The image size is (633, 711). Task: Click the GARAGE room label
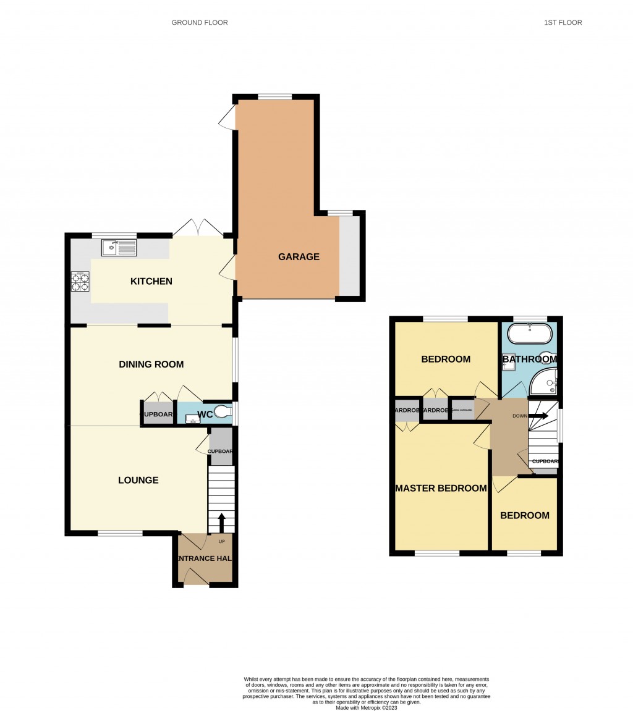pyautogui.click(x=299, y=257)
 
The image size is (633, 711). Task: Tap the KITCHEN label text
pyautogui.click(x=151, y=281)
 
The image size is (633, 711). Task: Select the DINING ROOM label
pyautogui.click(x=151, y=364)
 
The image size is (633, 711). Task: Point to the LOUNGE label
pyautogui.click(x=138, y=480)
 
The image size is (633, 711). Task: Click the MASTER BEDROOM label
pyautogui.click(x=441, y=488)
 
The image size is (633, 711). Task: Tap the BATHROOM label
pyautogui.click(x=530, y=359)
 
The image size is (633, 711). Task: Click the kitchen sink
pyautogui.click(x=119, y=248)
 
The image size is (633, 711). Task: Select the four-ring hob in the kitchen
pyautogui.click(x=80, y=282)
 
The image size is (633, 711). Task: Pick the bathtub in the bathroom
pyautogui.click(x=529, y=334)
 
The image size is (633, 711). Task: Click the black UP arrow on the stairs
pyautogui.click(x=222, y=523)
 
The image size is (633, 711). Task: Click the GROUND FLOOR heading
pyautogui.click(x=200, y=23)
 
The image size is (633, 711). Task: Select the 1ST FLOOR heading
pyautogui.click(x=563, y=23)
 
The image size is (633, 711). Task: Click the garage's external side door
pyautogui.click(x=227, y=117)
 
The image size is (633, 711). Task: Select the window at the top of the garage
pyautogui.click(x=275, y=96)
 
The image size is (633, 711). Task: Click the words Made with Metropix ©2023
pyautogui.click(x=366, y=708)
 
